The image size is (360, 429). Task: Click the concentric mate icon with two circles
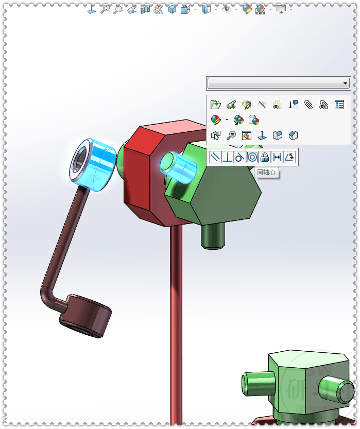coord(252,157)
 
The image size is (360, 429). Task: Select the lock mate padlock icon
coord(265,157)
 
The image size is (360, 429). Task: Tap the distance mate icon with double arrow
coord(277,157)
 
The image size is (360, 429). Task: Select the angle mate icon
coord(289,157)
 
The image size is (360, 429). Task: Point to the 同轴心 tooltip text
coord(266,173)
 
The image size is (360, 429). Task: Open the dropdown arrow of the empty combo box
coord(345,83)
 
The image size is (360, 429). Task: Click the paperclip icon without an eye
coord(308,105)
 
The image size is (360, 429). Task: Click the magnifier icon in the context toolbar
coord(231,135)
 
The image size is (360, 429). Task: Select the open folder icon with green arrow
coord(216,105)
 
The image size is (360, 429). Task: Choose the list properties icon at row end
coord(339,105)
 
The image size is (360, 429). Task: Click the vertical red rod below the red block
coord(176,319)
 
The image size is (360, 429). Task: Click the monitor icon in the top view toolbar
coord(281,9)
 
